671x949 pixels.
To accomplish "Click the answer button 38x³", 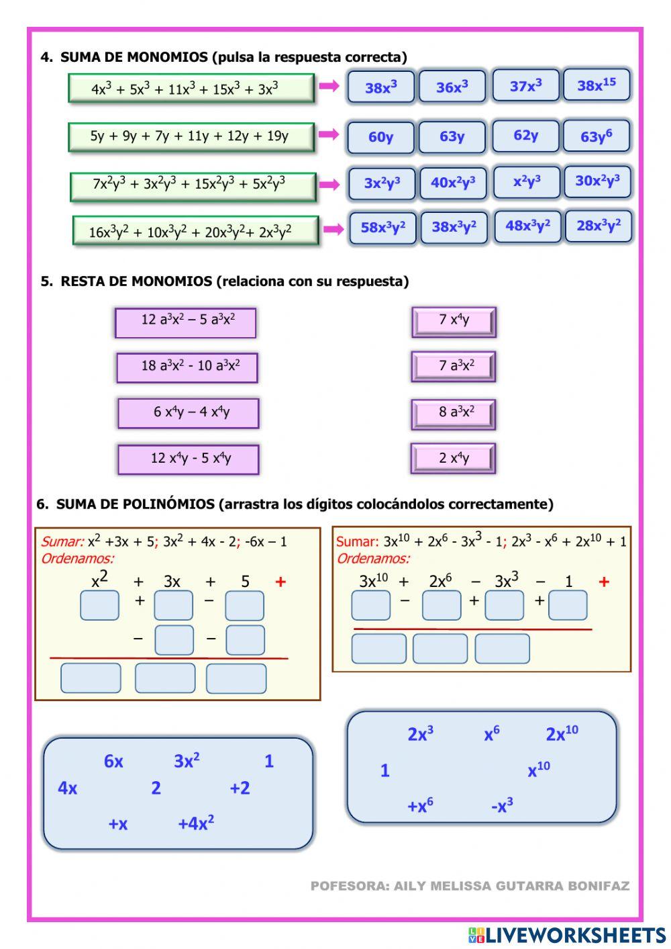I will (380, 87).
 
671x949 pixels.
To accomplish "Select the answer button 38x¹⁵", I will (596, 85).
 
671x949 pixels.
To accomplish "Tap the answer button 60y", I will (380, 137).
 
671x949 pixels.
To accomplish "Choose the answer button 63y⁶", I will (596, 136).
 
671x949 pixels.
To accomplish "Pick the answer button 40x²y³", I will (453, 183).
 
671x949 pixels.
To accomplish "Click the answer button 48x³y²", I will (527, 226).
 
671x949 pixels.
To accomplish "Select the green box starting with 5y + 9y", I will (191, 136).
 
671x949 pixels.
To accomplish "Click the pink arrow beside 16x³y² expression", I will (333, 230).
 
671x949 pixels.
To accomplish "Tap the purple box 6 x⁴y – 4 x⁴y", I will (189, 412).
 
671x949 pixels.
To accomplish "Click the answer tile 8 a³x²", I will (454, 413).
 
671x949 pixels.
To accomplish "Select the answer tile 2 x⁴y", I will (454, 459).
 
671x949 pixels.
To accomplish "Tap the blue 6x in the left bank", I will (113, 761).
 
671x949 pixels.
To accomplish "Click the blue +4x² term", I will (195, 823).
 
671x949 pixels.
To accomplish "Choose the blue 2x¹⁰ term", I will (562, 733).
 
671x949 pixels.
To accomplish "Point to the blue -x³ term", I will (502, 805).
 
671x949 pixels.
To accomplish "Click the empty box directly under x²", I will (99, 605).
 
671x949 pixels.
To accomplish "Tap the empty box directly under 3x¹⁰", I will (370, 605).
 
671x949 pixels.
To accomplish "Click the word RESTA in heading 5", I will (83, 281).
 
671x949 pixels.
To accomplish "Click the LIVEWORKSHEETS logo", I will (567, 935).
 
